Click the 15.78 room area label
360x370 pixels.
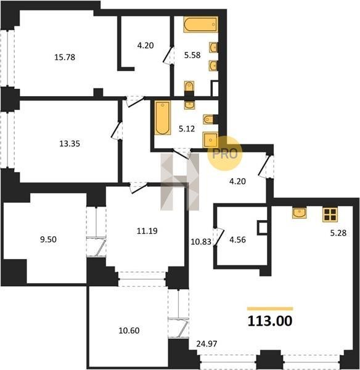click(65, 57)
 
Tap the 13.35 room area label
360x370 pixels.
click(70, 144)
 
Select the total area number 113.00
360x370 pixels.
click(270, 321)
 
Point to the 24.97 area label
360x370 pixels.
click(207, 344)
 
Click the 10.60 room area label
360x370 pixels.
click(129, 331)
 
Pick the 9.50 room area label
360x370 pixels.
click(48, 239)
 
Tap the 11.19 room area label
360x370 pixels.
click(147, 231)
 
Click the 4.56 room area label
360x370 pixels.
click(237, 240)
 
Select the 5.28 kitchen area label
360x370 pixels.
click(338, 233)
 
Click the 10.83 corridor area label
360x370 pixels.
click(201, 242)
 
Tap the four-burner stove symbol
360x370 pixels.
click(330, 214)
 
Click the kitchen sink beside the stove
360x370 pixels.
click(299, 213)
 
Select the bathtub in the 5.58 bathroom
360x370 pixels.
click(200, 24)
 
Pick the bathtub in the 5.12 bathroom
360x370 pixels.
click(163, 118)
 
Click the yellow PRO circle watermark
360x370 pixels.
click(225, 154)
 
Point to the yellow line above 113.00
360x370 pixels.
click(270, 309)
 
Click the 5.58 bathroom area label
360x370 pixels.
click(192, 55)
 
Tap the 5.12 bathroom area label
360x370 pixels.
click(187, 129)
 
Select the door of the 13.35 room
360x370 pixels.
click(117, 131)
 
